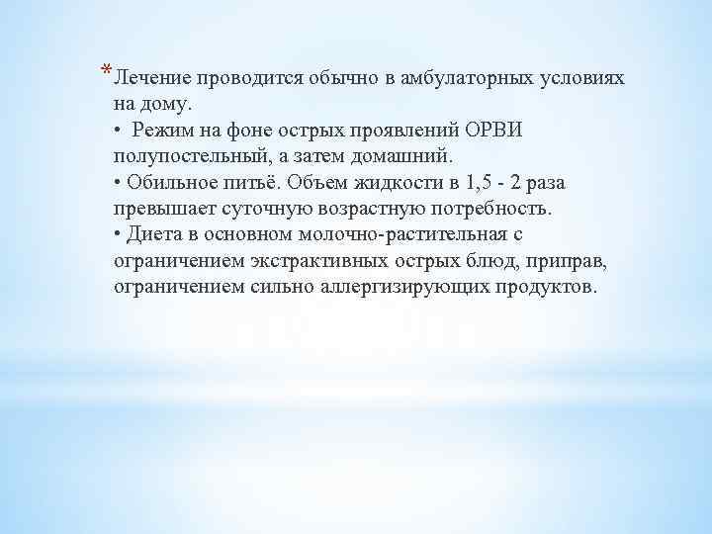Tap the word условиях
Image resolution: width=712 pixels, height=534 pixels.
pos(582,77)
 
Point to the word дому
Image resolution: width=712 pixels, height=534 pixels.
pos(174,103)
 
